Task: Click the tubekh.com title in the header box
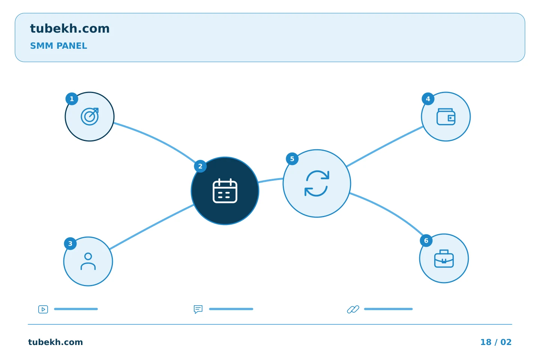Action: coord(70,28)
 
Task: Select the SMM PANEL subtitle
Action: coord(58,46)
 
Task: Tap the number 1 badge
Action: coord(72,99)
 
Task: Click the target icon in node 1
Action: coord(90,117)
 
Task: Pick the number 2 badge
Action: coord(200,166)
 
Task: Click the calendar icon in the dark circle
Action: coord(225,191)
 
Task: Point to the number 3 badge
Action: coord(70,243)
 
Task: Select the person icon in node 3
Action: coord(88,261)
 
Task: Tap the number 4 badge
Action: coord(428,99)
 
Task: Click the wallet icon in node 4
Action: coord(446,117)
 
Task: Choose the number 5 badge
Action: coord(292,159)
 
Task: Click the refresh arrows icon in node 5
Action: coord(317,183)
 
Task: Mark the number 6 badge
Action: coord(426,241)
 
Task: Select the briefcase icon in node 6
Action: coord(444,258)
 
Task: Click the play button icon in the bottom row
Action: coord(43,309)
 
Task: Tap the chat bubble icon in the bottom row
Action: coord(198,309)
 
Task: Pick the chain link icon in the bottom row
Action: coord(353,309)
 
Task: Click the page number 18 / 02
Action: coord(496,342)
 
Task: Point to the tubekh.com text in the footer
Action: coord(55,342)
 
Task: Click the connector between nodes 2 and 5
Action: coord(270,180)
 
